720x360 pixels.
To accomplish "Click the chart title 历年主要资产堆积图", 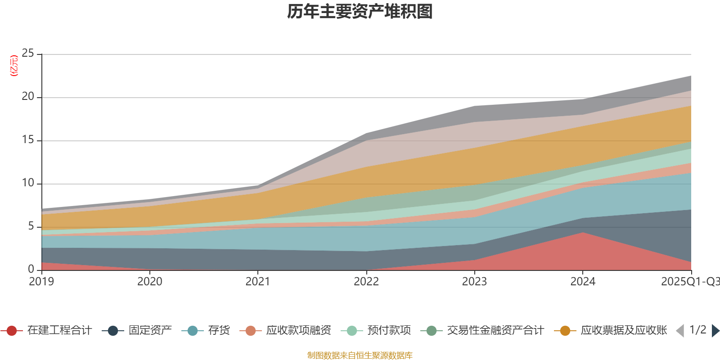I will [360, 12].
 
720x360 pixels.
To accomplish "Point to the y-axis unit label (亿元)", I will [14, 66].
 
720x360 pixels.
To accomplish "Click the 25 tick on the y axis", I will [28, 54].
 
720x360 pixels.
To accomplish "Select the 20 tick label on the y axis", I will [28, 97].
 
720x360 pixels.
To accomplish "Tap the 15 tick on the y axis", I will [28, 140].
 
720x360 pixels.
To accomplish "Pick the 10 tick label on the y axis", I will [28, 183].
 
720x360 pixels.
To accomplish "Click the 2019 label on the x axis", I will [41, 282].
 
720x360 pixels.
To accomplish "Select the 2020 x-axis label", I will [150, 282].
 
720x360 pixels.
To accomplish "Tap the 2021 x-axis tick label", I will [258, 282].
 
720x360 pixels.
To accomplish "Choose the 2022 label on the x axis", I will [366, 282].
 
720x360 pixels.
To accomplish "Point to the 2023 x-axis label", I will [474, 282].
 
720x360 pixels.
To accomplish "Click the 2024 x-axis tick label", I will [583, 282].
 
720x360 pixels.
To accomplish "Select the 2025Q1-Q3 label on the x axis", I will [689, 282].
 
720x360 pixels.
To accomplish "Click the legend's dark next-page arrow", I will [715, 331].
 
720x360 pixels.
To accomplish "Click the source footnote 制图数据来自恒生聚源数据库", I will [360, 355].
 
